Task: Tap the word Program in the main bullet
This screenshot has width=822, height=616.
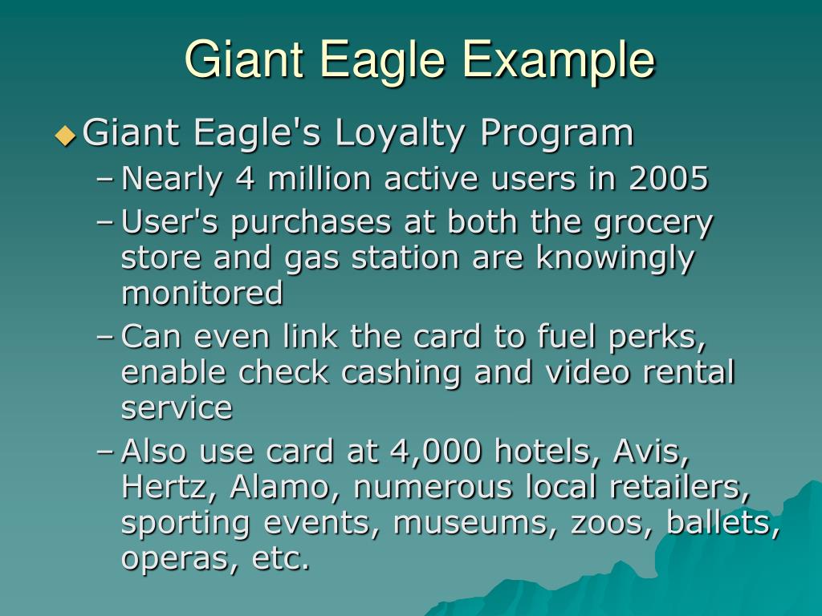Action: point(557,133)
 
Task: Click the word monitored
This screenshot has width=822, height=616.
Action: point(202,294)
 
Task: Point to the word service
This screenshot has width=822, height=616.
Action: point(177,408)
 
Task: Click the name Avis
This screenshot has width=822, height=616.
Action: point(650,452)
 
